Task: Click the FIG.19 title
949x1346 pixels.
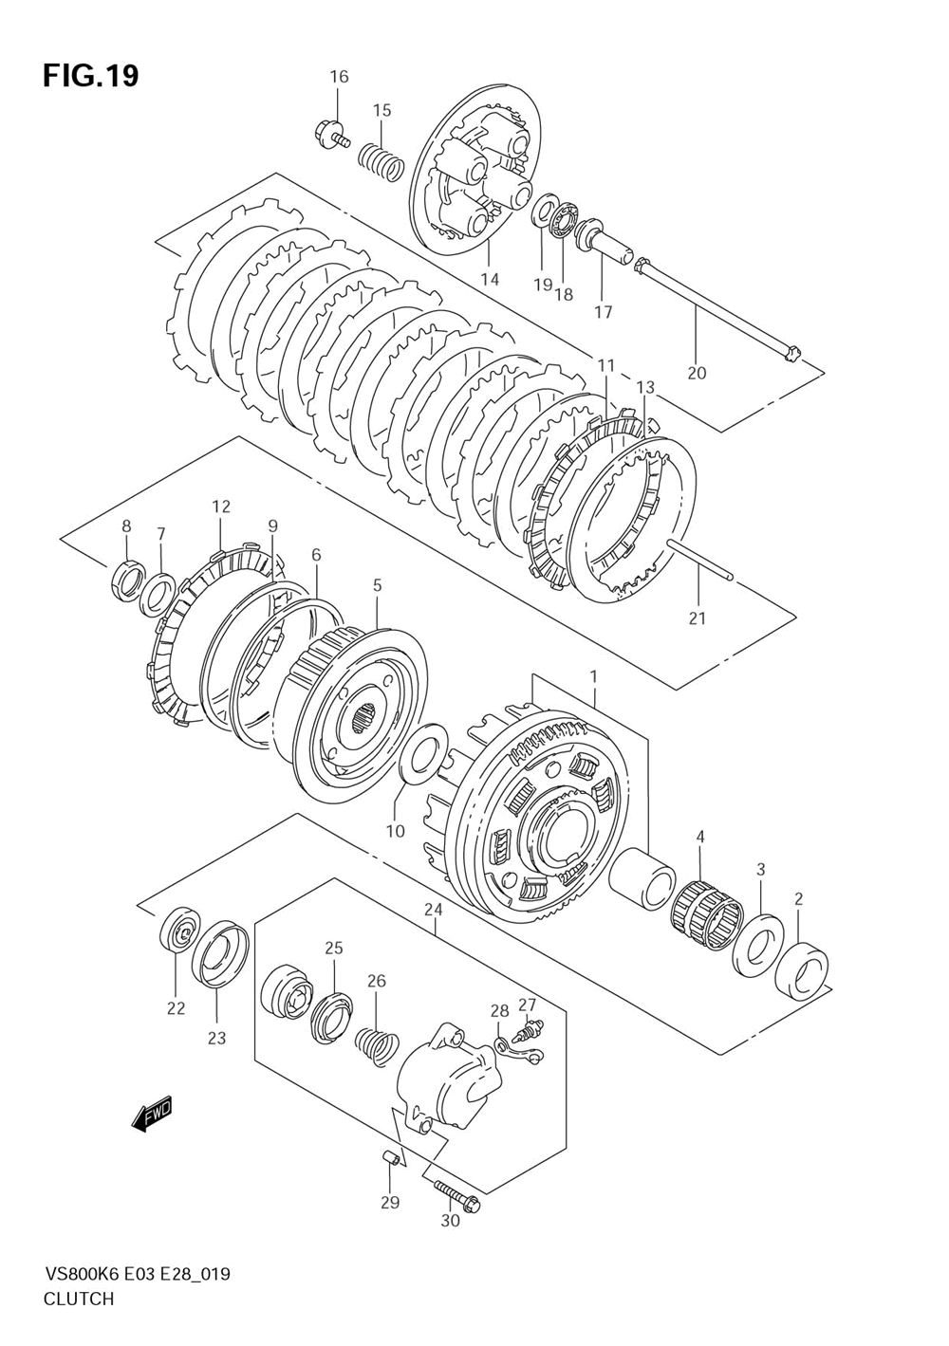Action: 90,76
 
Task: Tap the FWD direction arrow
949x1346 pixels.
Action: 152,1116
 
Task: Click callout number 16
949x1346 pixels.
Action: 339,77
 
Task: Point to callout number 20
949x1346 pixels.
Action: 697,373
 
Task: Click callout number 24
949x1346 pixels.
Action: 434,910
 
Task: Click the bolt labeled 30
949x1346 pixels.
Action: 456,1195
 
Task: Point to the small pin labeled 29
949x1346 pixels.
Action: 389,1158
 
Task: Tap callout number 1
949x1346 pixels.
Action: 594,676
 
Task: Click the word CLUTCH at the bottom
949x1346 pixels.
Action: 79,1299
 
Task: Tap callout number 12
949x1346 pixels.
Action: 221,507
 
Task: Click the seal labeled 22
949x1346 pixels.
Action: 178,932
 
